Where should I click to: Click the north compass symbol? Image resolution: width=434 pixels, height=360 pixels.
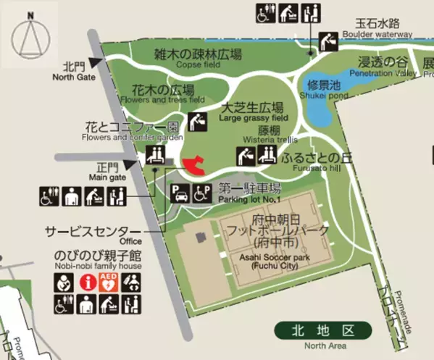coord(29,36)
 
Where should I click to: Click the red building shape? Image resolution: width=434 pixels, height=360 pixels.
coord(193,164)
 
